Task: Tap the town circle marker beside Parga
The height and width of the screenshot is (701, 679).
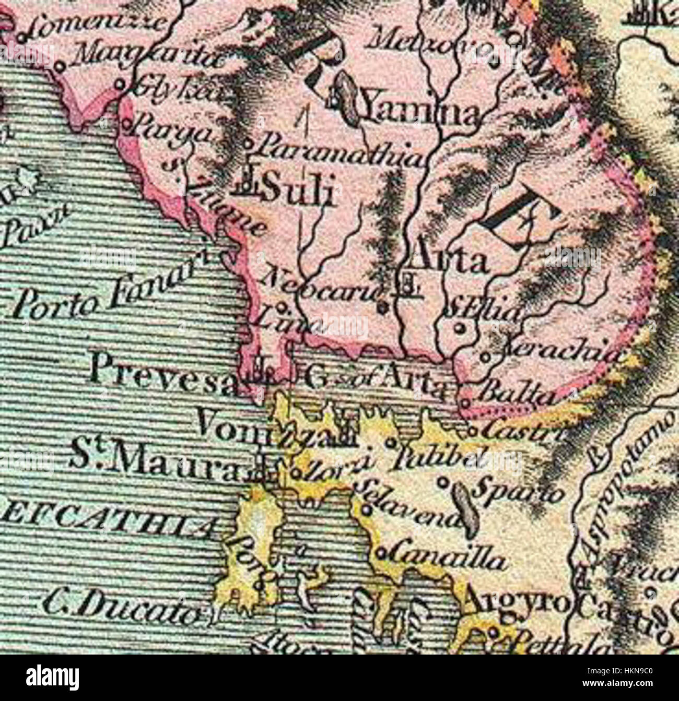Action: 128,124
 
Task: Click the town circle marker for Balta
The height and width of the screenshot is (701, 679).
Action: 465,403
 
